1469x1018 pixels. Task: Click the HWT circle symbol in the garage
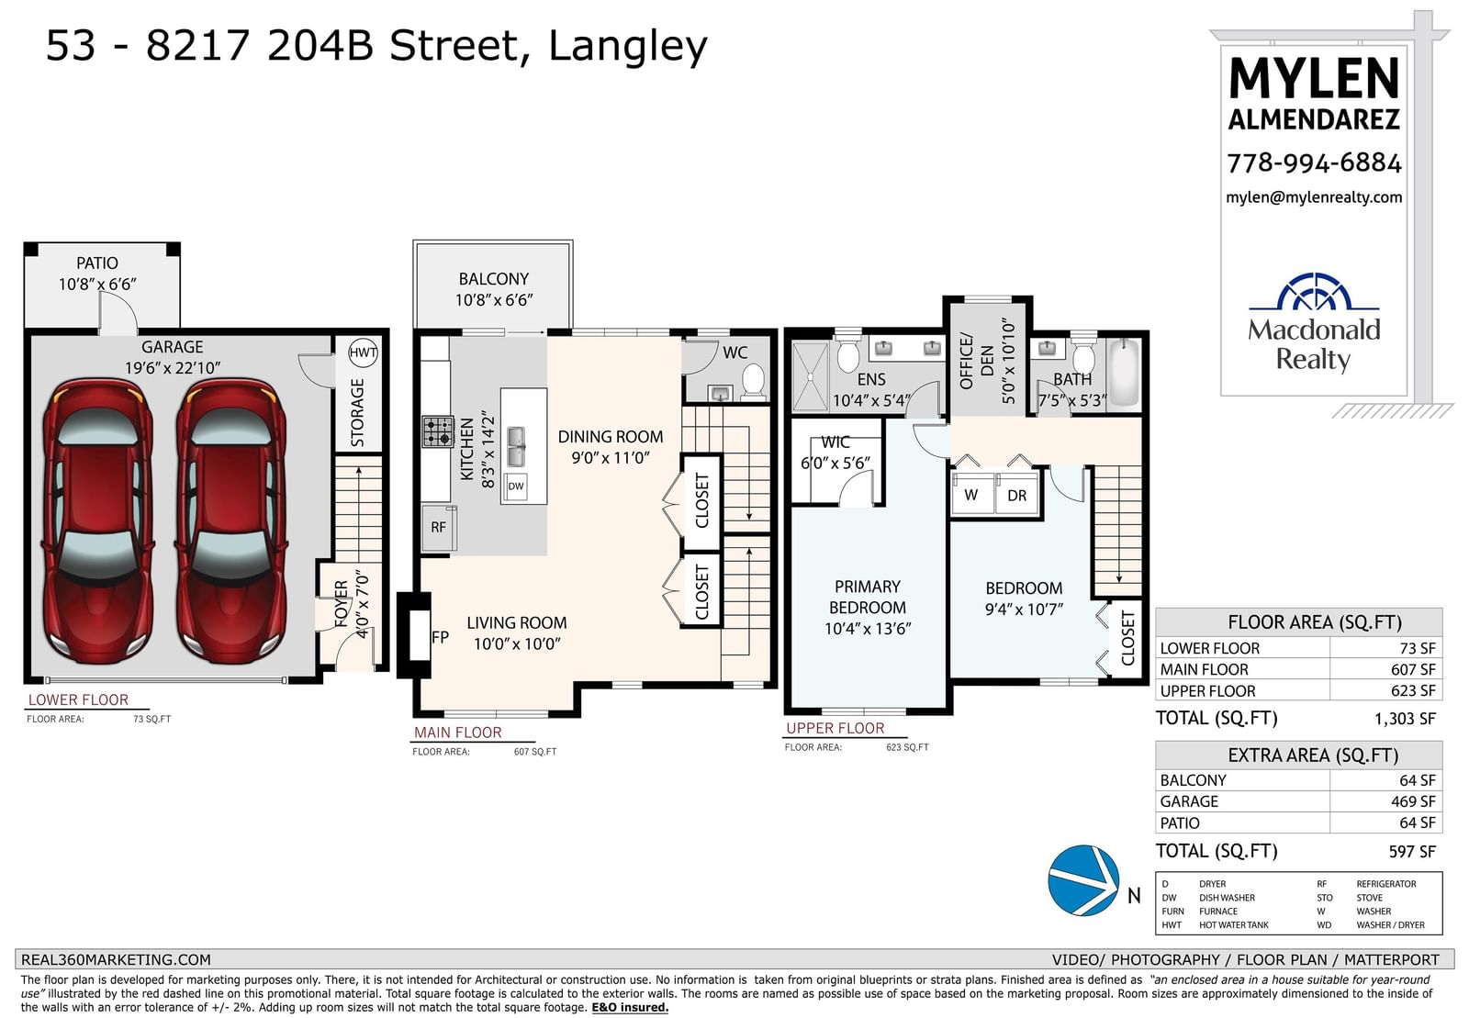pyautogui.click(x=363, y=352)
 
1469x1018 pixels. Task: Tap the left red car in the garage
pyautogui.click(x=98, y=521)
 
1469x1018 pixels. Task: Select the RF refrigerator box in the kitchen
pyautogui.click(x=439, y=527)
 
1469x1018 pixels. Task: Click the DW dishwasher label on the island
pyautogui.click(x=516, y=486)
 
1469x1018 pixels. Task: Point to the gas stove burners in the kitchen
pyautogui.click(x=437, y=431)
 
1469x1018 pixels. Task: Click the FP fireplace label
pyautogui.click(x=440, y=636)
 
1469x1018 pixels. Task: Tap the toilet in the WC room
pyautogui.click(x=753, y=382)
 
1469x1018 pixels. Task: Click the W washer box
pyautogui.click(x=972, y=495)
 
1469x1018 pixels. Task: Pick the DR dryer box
pyautogui.click(x=1016, y=495)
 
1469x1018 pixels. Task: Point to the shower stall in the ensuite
pyautogui.click(x=811, y=376)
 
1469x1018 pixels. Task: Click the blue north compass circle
pyautogui.click(x=1083, y=879)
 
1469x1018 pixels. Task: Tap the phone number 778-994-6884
pyautogui.click(x=1314, y=162)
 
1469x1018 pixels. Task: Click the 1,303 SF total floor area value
pyautogui.click(x=1405, y=719)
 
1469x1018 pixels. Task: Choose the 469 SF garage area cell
pyautogui.click(x=1418, y=801)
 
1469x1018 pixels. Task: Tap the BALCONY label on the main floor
pyautogui.click(x=494, y=278)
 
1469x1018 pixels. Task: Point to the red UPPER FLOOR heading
pyautogui.click(x=835, y=728)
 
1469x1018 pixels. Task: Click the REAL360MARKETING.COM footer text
pyautogui.click(x=116, y=959)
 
